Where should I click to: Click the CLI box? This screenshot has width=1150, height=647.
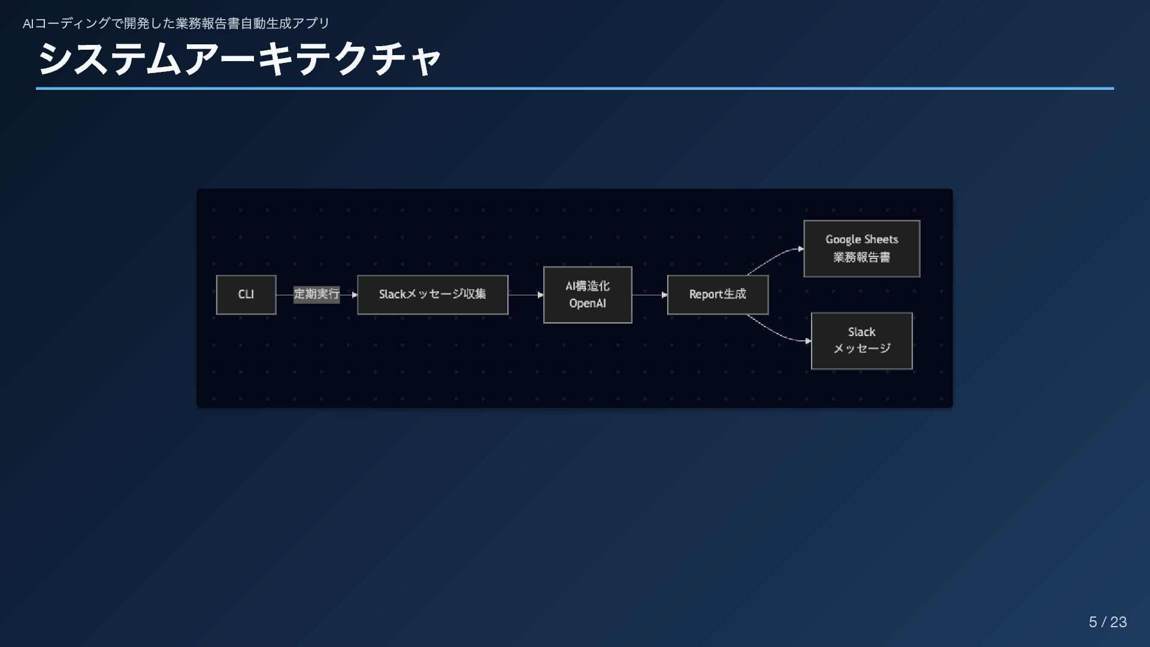[246, 295]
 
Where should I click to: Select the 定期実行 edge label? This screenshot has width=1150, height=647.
[316, 294]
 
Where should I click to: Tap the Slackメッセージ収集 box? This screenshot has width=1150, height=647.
[432, 295]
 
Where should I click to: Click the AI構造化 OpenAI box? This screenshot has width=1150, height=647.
[588, 295]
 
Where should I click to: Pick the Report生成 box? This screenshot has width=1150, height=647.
[718, 295]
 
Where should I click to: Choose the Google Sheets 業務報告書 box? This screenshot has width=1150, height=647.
[861, 249]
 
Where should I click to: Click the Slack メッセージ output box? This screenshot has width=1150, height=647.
[861, 341]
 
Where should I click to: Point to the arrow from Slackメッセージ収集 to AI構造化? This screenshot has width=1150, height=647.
[526, 295]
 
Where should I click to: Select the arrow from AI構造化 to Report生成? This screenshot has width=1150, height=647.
[650, 295]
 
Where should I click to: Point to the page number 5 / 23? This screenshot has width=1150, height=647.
[1107, 622]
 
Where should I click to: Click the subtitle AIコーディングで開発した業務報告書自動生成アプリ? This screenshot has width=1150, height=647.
[176, 23]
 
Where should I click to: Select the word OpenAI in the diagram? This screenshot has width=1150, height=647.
[588, 304]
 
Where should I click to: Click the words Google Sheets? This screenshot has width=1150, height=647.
[861, 240]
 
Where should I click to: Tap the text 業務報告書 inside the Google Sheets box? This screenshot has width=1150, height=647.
[861, 258]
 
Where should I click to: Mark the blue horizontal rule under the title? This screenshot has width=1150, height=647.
[575, 89]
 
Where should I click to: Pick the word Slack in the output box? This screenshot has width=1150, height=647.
[861, 332]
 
